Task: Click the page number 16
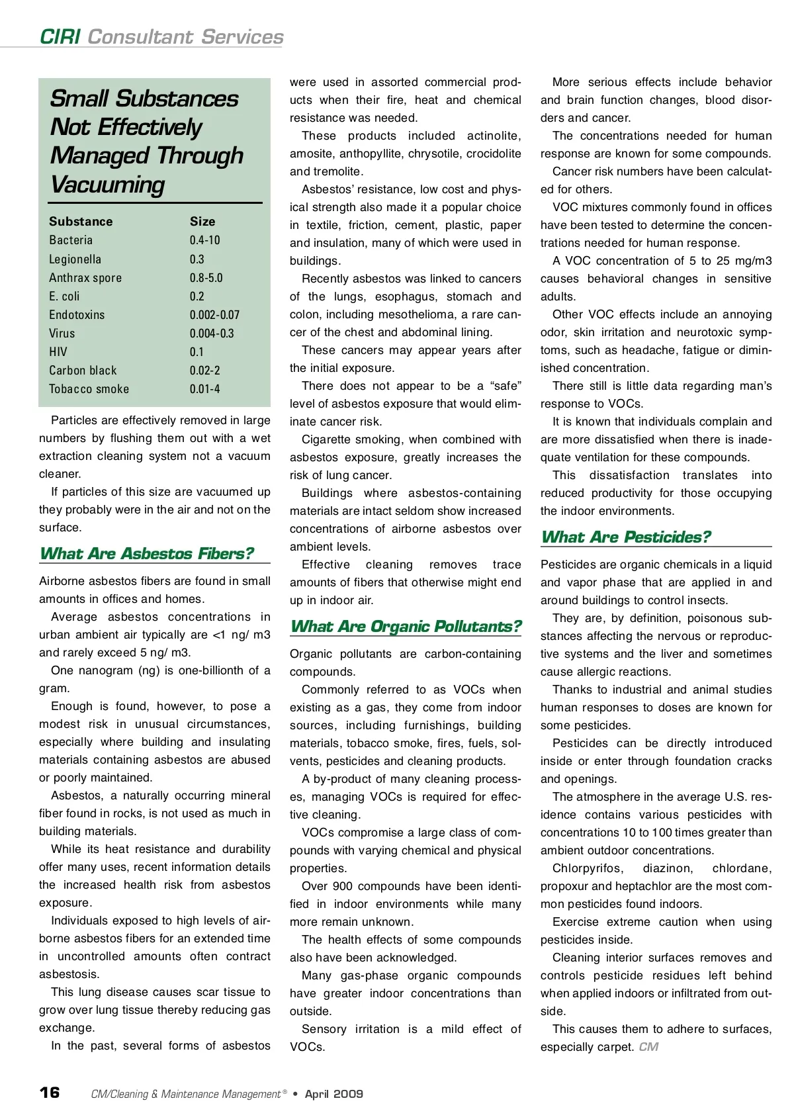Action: [x=50, y=1092]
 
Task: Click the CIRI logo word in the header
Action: [x=60, y=36]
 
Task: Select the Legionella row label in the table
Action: [x=75, y=259]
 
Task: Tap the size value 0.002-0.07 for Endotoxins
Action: [x=214, y=315]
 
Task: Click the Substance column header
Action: [x=81, y=222]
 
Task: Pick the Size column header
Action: [x=202, y=222]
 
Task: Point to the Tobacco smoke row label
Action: [x=89, y=389]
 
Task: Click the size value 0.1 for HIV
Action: [x=197, y=352]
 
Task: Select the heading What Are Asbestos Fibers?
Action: [x=146, y=553]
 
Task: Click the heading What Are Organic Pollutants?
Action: [x=406, y=626]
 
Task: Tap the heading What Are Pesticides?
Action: [x=625, y=537]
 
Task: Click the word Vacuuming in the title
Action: [x=107, y=185]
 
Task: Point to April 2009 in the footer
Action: [x=333, y=1094]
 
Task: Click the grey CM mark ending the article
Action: [x=648, y=1047]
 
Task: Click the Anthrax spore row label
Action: [x=85, y=278]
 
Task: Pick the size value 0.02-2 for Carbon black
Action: [x=204, y=371]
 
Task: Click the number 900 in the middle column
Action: [x=343, y=886]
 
